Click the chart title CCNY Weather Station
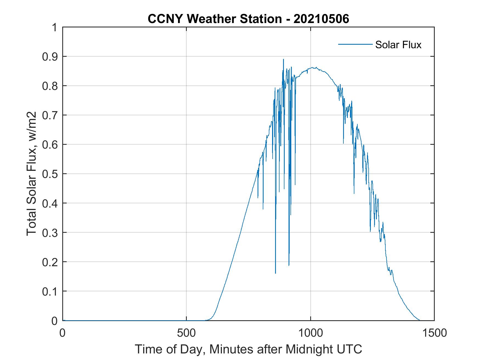[x=215, y=19]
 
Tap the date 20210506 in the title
[x=321, y=19]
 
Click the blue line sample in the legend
[x=355, y=44]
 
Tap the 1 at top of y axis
[x=55, y=27]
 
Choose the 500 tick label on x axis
[x=186, y=333]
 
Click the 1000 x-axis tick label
[x=310, y=333]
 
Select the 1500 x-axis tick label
[x=434, y=333]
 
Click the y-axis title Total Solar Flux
[x=32, y=174]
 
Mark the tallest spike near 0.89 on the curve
[x=283, y=59]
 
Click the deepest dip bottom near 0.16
[x=275, y=273]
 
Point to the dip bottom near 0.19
[x=289, y=265]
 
